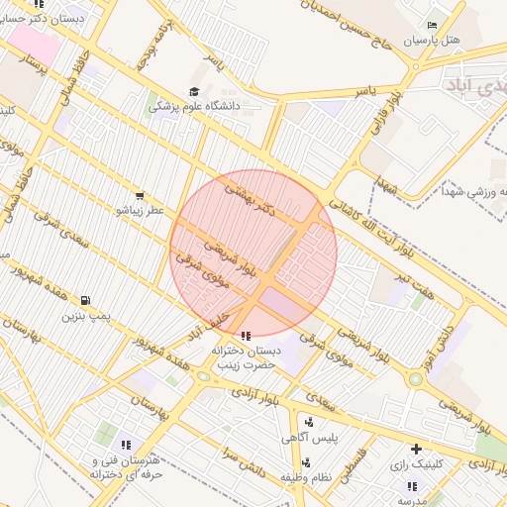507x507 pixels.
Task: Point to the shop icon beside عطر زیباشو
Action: tap(139, 196)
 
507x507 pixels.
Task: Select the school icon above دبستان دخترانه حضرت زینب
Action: tap(246, 336)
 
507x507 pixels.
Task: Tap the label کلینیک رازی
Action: tap(415, 463)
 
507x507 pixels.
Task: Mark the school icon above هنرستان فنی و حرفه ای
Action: tap(126, 445)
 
